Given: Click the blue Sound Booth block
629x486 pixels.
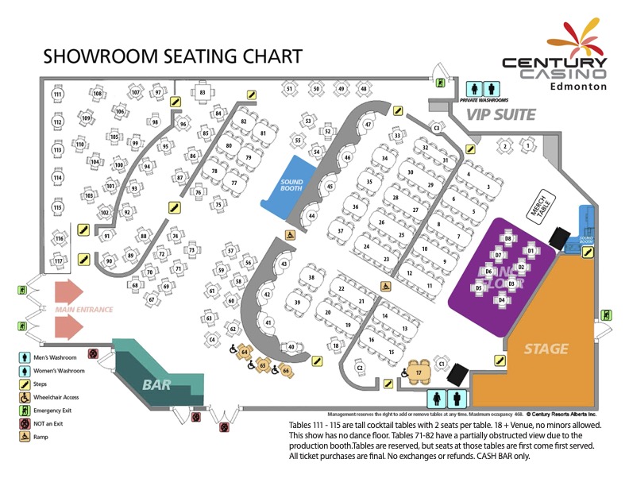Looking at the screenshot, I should click(291, 185).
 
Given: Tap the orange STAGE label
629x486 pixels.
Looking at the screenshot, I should click(546, 349).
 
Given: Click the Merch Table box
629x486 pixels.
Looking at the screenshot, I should click(541, 209).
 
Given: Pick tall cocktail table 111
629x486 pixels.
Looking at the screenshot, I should click(57, 94).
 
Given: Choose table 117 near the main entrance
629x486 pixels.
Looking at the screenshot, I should click(58, 260).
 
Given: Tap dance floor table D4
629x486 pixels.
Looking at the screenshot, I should click(502, 300).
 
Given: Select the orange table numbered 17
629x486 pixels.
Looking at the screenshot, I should click(419, 372).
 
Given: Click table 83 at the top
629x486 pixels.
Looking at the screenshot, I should click(203, 93).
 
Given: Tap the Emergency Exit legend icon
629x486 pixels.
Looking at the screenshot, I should click(26, 410).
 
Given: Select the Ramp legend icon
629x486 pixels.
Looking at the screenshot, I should click(26, 437).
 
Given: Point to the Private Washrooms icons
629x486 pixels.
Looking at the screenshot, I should click(484, 89).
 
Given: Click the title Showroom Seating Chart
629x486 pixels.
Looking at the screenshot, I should click(172, 56).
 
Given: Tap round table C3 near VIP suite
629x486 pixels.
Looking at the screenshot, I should click(436, 127).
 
